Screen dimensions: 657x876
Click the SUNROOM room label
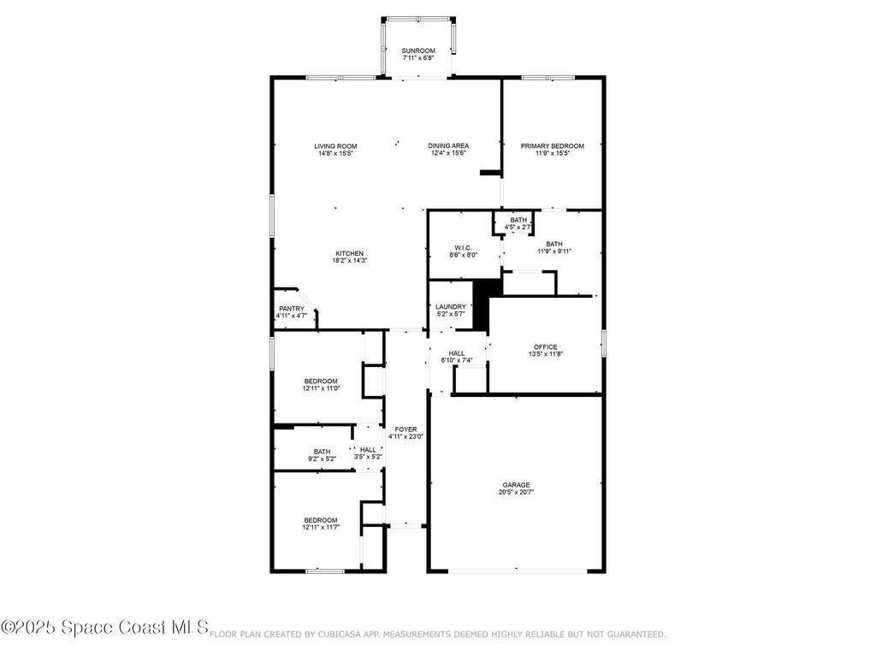tap(418, 51)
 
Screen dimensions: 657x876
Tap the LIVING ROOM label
tap(335, 146)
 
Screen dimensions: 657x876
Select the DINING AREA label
tap(448, 146)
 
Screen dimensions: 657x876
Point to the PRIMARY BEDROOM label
tap(553, 146)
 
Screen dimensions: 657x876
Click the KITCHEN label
tap(350, 253)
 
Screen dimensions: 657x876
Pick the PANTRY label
tap(292, 309)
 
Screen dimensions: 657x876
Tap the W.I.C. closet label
tap(464, 247)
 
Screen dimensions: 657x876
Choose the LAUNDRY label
tap(451, 307)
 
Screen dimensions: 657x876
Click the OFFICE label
tap(546, 346)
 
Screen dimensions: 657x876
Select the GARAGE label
tap(517, 484)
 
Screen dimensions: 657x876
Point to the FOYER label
tap(405, 429)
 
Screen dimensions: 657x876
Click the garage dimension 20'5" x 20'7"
tap(517, 492)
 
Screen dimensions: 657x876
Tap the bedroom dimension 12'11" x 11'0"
tap(321, 388)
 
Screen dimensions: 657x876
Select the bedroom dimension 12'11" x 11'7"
tap(321, 528)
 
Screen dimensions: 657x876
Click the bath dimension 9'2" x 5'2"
tap(322, 459)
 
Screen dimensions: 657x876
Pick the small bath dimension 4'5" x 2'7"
tap(518, 228)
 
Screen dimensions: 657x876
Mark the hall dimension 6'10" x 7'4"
tap(457, 360)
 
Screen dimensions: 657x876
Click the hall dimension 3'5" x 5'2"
tap(368, 457)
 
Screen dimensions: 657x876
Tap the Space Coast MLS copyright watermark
tap(104, 628)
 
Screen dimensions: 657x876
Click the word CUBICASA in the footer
tap(345, 635)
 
